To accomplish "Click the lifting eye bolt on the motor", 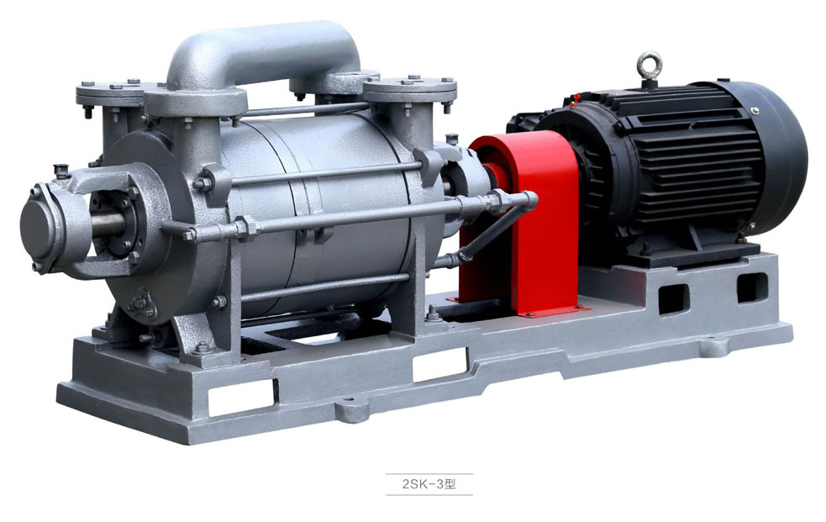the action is click(649, 66).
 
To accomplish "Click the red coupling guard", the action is click(527, 221).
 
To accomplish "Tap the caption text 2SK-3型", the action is click(429, 484).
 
